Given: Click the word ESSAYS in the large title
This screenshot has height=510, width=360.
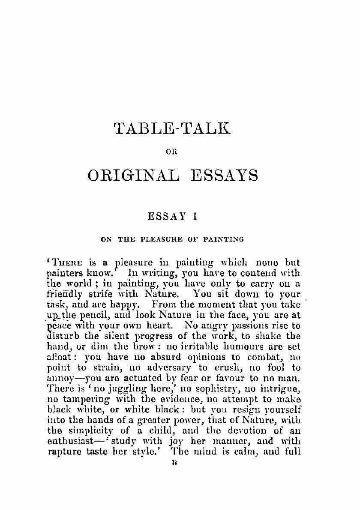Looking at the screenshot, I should click(x=224, y=176).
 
